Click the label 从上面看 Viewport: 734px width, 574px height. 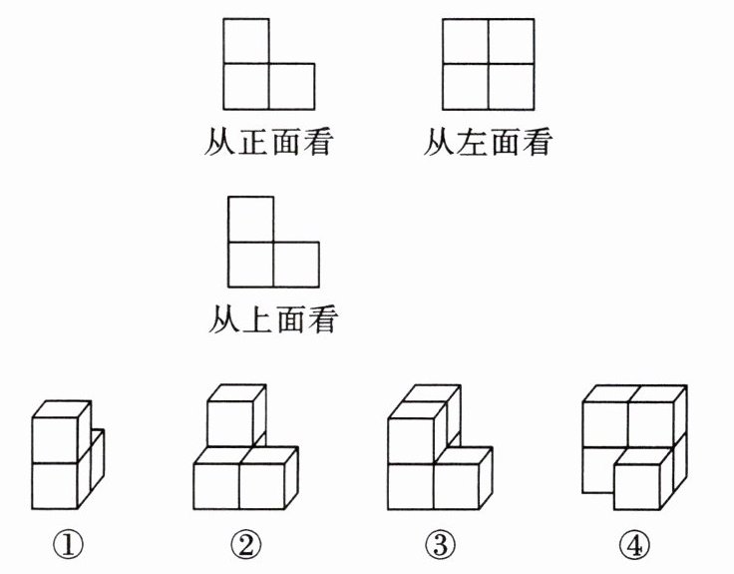pyautogui.click(x=273, y=320)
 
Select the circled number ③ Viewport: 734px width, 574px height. pyautogui.click(x=439, y=544)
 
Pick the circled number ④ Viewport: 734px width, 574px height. pyautogui.click(x=631, y=544)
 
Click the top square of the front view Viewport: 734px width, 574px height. pyautogui.click(x=245, y=41)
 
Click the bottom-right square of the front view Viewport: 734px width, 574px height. pyautogui.click(x=291, y=86)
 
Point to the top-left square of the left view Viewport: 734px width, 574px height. pyautogui.click(x=465, y=41)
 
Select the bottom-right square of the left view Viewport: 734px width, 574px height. pyautogui.click(x=511, y=86)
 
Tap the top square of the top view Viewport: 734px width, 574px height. pyautogui.click(x=250, y=219)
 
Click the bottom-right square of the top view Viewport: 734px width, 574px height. pyautogui.click(x=296, y=265)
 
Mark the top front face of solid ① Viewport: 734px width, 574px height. pyautogui.click(x=54, y=438)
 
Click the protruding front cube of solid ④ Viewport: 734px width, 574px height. pyautogui.click(x=638, y=486)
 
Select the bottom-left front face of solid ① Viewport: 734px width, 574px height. pyautogui.click(x=54, y=485)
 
